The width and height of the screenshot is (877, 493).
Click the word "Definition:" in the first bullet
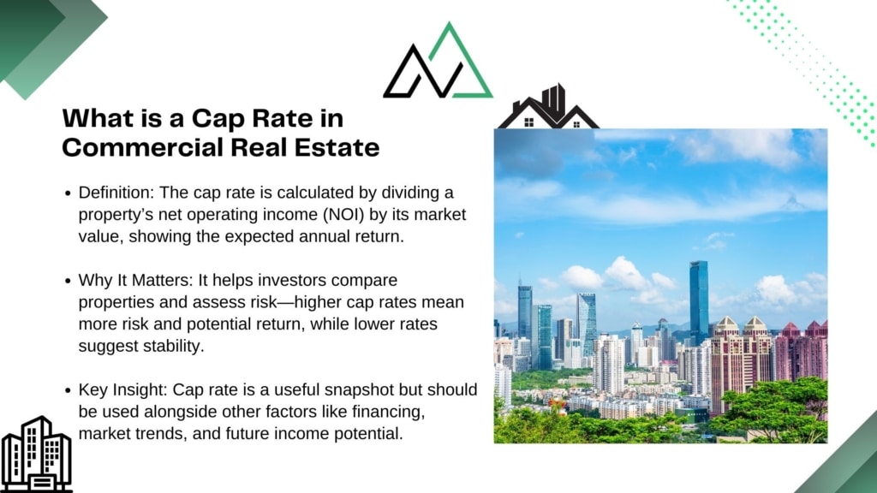tap(116, 193)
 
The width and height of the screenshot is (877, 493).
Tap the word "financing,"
tap(389, 412)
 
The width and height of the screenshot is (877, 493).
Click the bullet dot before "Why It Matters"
tap(68, 281)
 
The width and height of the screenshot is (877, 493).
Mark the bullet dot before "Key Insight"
tap(68, 390)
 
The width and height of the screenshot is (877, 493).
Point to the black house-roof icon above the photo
tap(548, 107)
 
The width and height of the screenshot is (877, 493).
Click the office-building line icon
tap(36, 454)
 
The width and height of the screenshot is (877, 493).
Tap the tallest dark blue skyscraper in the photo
tap(699, 302)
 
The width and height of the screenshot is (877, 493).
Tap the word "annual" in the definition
tap(325, 236)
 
